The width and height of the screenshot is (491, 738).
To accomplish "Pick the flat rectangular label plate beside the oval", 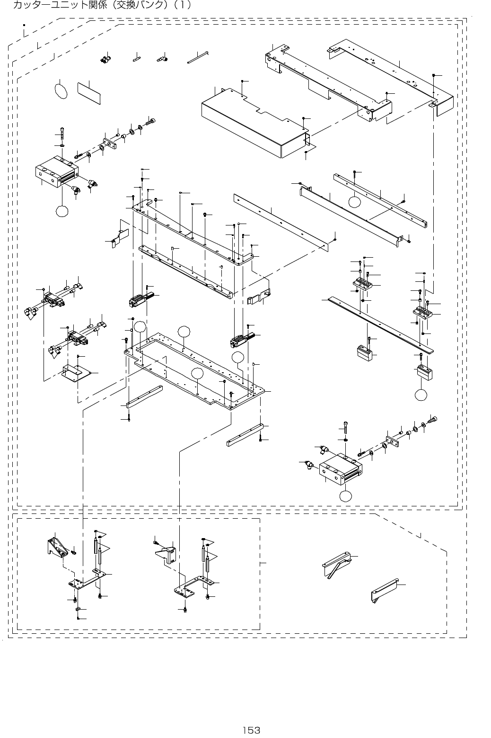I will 89,92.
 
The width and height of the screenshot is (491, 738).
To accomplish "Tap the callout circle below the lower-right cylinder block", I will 346,496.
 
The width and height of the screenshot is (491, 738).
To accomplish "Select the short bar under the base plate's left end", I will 144,397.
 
